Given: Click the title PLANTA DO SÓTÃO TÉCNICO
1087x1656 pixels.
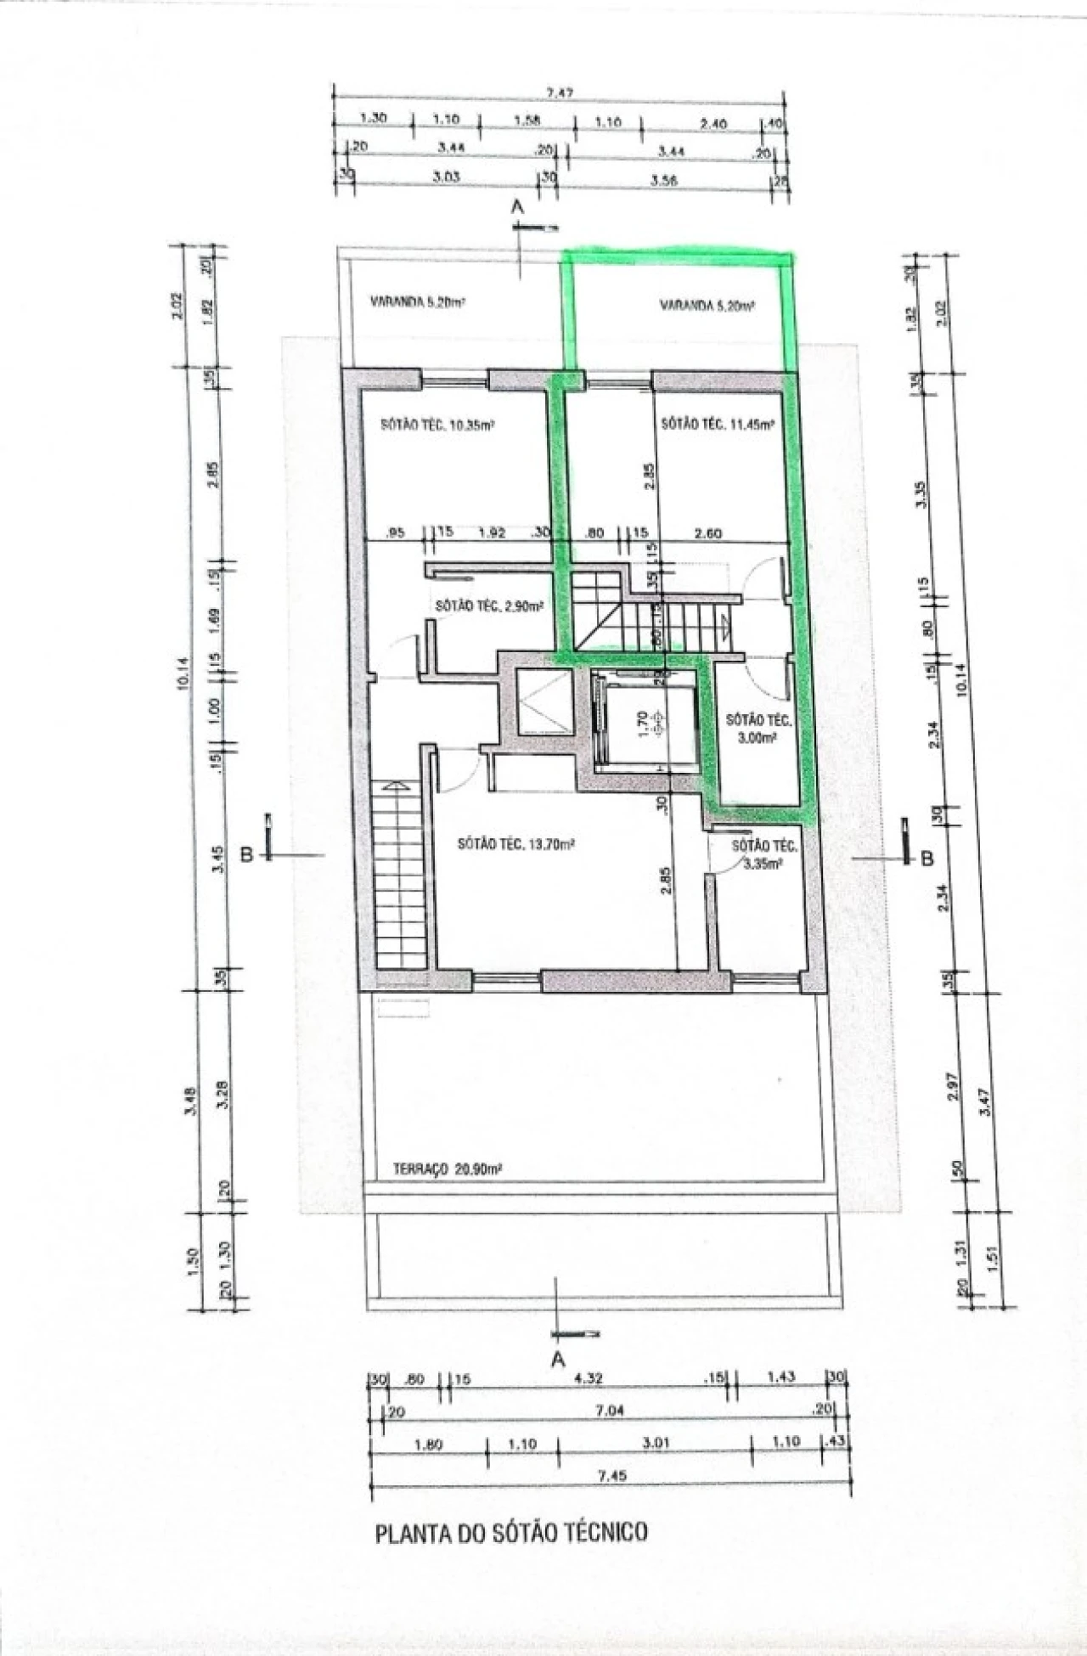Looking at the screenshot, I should coord(511,1533).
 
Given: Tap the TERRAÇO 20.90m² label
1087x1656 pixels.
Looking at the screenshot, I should coord(448,1169).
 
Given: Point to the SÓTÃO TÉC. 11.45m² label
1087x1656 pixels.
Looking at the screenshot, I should coord(718,425).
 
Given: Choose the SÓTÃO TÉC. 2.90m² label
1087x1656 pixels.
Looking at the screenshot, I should coord(488,606).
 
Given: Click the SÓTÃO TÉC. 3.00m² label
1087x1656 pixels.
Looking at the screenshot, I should coord(758,729).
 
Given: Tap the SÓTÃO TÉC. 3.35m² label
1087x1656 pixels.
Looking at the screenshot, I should coord(763,854).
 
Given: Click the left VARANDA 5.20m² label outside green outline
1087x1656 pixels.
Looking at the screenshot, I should coord(417,301).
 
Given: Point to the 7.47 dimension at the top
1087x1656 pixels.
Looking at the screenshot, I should coord(556,93).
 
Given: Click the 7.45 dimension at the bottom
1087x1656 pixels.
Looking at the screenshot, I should coord(611,1476).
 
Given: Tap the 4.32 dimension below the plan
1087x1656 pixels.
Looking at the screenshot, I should coord(588,1378).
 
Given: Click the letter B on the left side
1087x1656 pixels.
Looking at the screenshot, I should coord(247,854).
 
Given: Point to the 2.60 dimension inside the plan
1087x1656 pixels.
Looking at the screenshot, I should coord(707,533).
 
